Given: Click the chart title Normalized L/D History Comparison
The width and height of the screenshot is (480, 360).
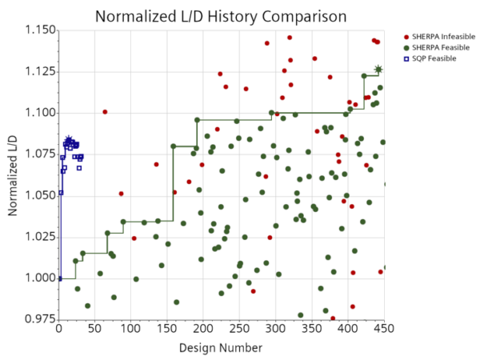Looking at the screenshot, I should pyautogui.click(x=221, y=16).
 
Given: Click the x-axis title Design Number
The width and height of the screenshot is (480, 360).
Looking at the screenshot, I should pyautogui.click(x=222, y=349).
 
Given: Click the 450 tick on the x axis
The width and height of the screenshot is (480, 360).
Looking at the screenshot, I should pyautogui.click(x=384, y=328).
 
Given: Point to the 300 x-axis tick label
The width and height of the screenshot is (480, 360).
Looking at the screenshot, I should pyautogui.click(x=276, y=328).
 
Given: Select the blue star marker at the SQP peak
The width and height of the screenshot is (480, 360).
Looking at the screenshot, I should pyautogui.click(x=69, y=140).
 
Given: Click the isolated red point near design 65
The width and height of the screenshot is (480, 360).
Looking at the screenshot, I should pyautogui.click(x=105, y=112).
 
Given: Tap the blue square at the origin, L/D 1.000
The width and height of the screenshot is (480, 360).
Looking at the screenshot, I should pyautogui.click(x=59, y=278).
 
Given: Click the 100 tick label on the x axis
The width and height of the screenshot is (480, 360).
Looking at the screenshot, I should pyautogui.click(x=131, y=328).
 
